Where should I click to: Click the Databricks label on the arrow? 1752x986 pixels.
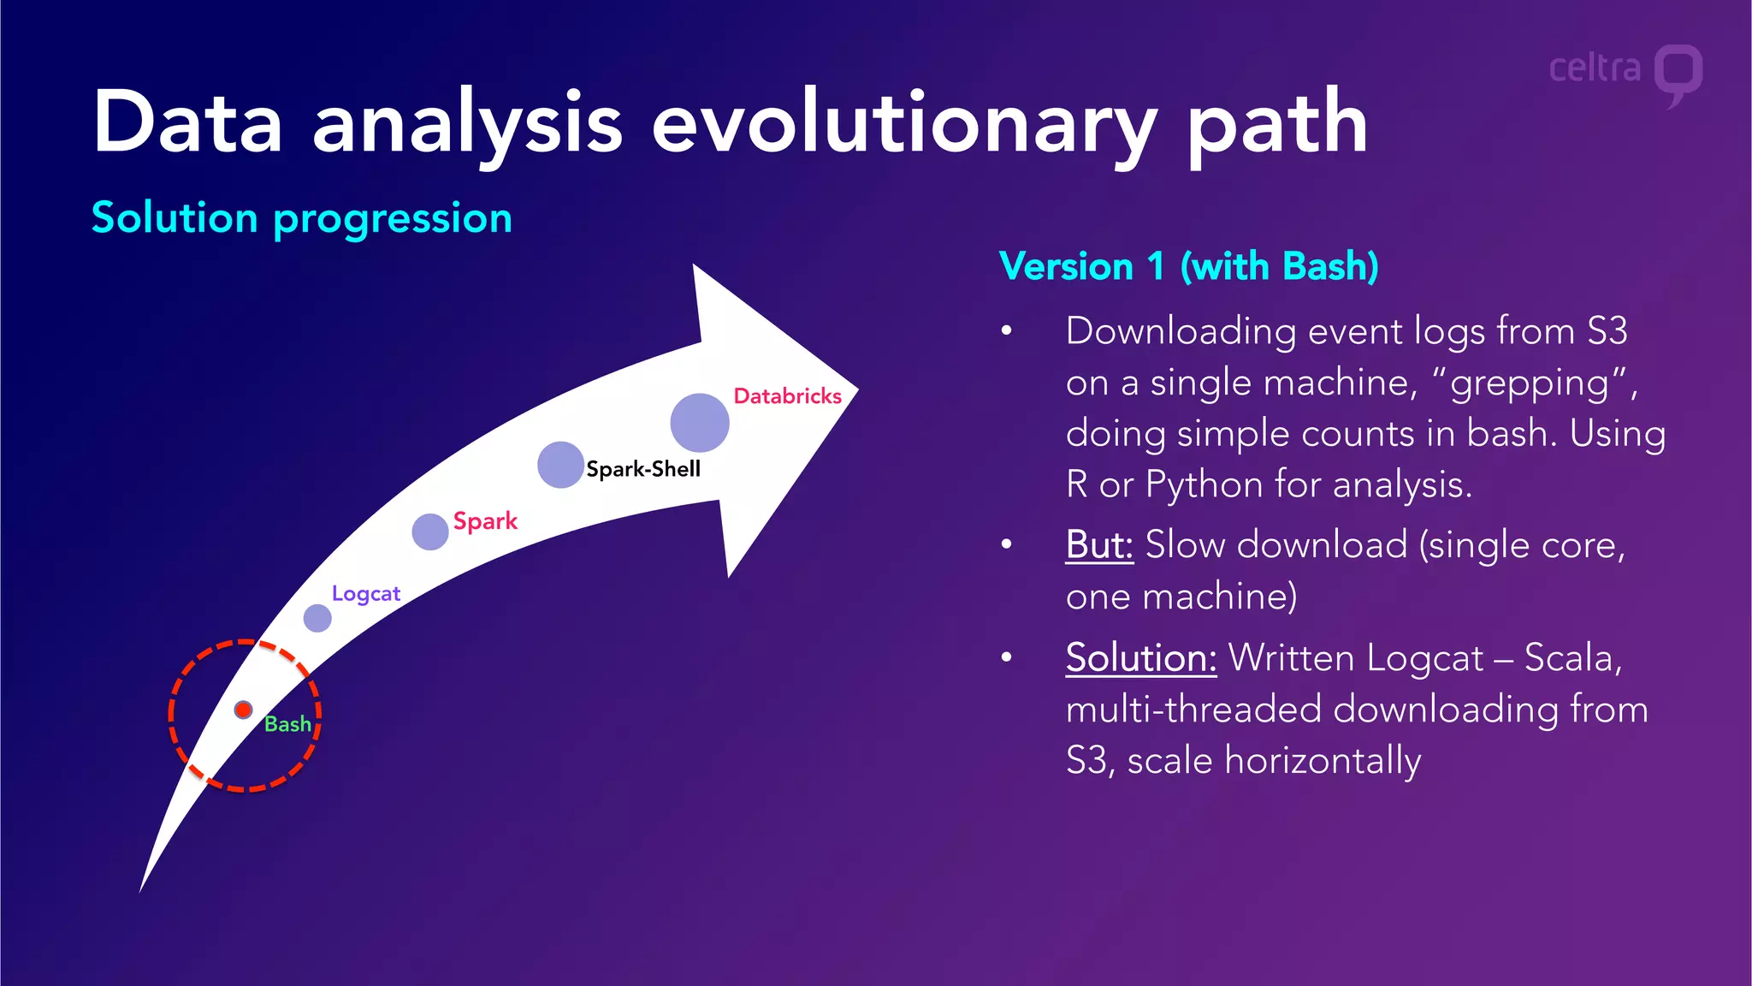[x=787, y=396]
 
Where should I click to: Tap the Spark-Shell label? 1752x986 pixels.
[x=643, y=469]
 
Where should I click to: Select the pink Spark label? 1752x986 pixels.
[x=485, y=521]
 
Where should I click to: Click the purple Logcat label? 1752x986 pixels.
[x=365, y=594]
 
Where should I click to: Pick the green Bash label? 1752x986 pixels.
[x=287, y=724]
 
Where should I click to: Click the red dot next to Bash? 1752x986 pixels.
[x=244, y=710]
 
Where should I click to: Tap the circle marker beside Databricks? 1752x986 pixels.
[x=700, y=423]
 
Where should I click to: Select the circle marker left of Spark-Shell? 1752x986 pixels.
[x=560, y=465]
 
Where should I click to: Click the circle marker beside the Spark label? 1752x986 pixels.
[x=430, y=532]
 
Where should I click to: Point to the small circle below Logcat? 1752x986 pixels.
[x=317, y=618]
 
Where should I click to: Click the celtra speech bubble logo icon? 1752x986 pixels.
[x=1678, y=74]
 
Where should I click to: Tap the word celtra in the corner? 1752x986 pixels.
[x=1595, y=68]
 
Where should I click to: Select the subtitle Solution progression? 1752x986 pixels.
[x=302, y=217]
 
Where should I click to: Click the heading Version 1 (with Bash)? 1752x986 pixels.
[x=1188, y=266]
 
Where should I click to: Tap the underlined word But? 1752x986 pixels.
[x=1099, y=545]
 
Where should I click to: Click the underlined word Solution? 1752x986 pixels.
[x=1140, y=658]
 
